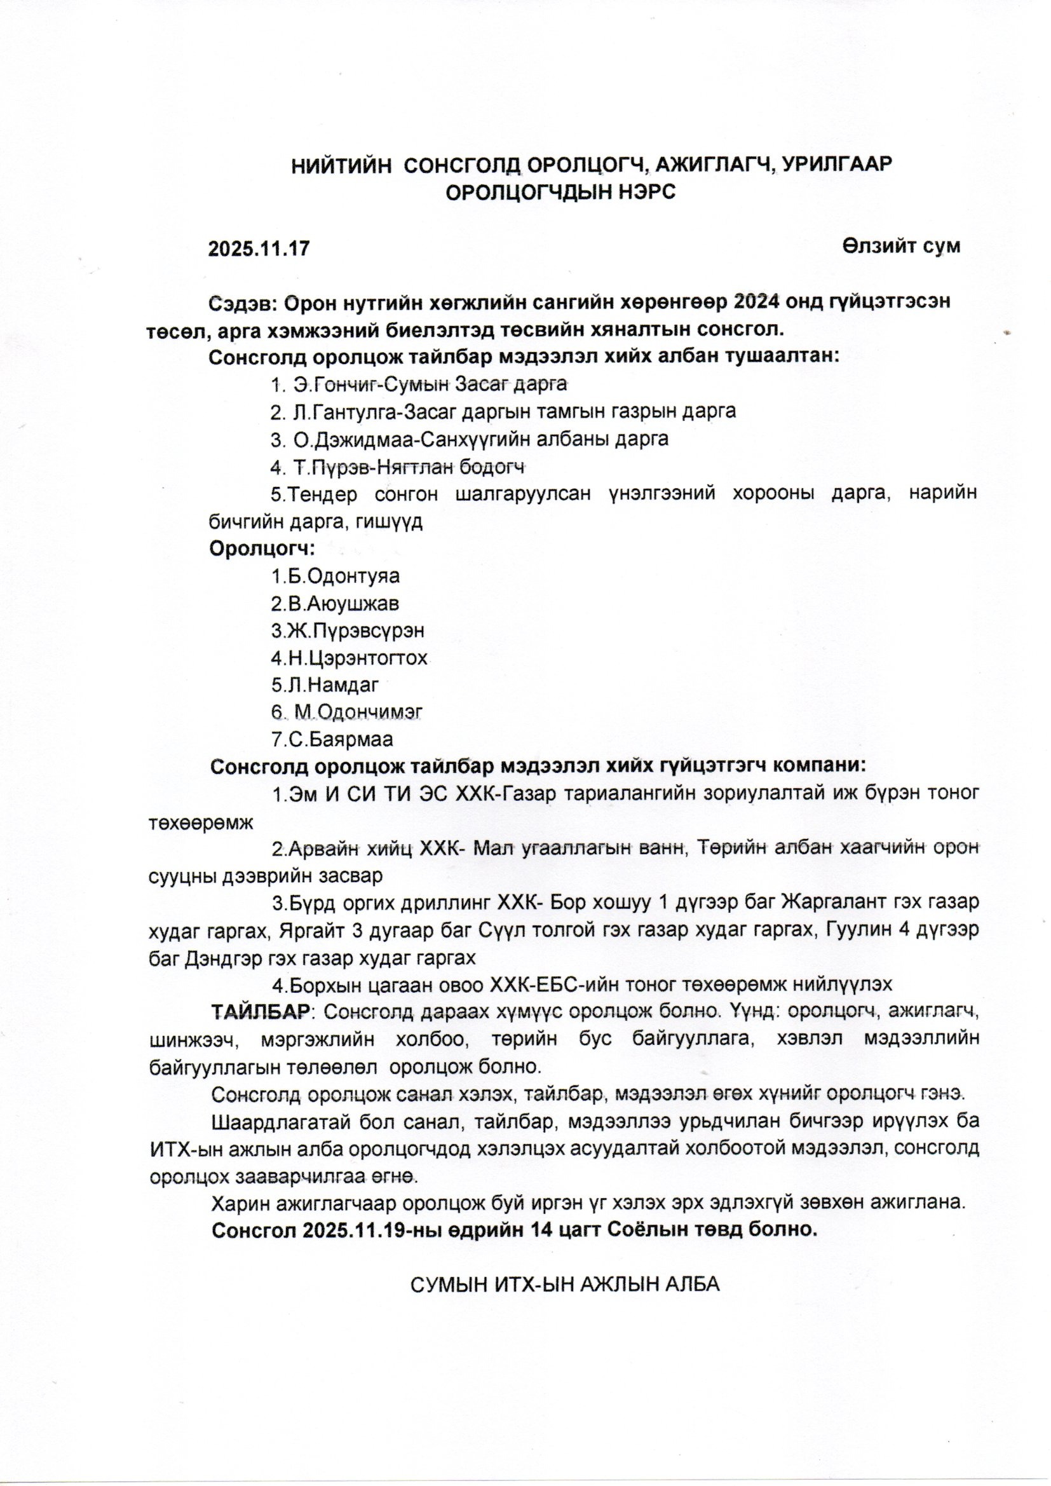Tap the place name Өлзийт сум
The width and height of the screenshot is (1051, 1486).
(902, 246)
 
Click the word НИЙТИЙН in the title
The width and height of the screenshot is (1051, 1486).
(341, 166)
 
